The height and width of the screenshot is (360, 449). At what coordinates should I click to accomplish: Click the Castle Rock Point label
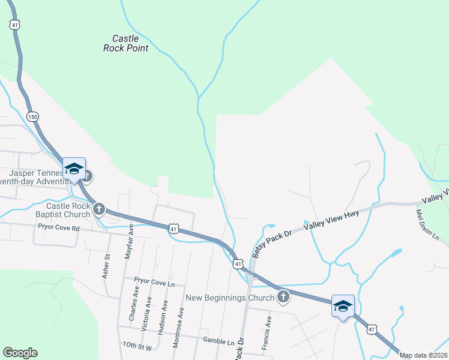(x=125, y=43)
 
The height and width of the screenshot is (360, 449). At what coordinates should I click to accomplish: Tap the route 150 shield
(x=32, y=116)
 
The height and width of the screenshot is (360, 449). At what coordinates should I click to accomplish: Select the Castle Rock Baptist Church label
(x=68, y=209)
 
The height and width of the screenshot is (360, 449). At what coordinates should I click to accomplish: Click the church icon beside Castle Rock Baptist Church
(x=99, y=209)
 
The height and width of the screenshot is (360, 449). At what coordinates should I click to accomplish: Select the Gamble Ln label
(x=218, y=340)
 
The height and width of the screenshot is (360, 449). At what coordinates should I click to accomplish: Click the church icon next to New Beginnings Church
(x=283, y=296)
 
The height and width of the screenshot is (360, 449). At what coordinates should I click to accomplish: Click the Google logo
(x=20, y=353)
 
